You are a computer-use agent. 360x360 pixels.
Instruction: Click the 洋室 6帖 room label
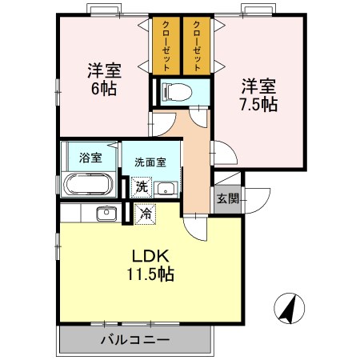(102, 78)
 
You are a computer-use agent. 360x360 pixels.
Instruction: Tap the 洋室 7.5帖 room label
(258, 94)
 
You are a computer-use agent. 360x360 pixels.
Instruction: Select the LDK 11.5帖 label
(148, 264)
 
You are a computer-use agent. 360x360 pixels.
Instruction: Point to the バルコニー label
(134, 340)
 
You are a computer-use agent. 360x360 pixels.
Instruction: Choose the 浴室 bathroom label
(90, 157)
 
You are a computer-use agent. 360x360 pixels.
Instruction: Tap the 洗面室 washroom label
(150, 161)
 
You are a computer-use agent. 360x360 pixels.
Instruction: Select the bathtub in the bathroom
(89, 186)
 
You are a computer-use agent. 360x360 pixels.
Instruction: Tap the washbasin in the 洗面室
(166, 189)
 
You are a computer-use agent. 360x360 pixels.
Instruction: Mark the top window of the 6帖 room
(104, 13)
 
